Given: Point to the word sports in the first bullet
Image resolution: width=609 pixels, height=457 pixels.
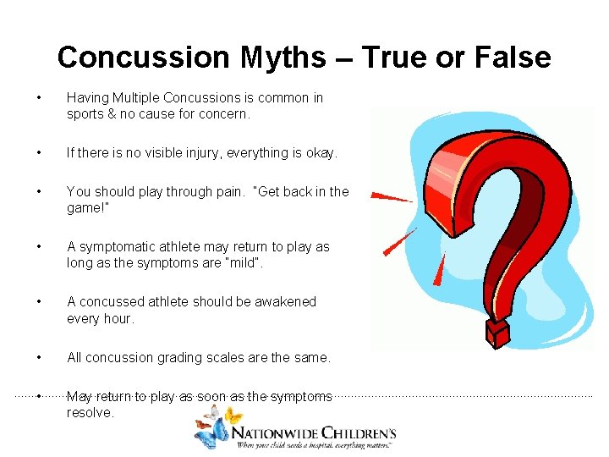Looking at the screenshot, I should click(85, 113).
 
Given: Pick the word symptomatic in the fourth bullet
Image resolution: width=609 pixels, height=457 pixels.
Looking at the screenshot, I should click(118, 247).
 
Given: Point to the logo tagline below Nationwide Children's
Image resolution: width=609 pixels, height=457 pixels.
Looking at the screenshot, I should click(315, 443).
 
